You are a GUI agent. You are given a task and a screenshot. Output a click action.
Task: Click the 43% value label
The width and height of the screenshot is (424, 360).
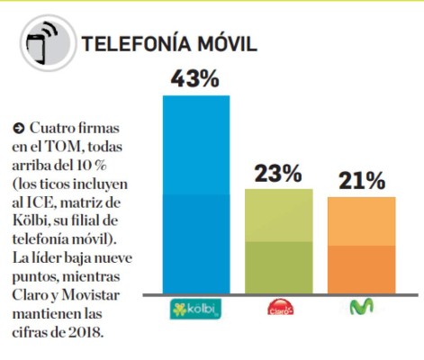pyautogui.click(x=195, y=79)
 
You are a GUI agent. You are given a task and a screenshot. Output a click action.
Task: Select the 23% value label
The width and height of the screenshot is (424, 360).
pyautogui.click(x=278, y=173)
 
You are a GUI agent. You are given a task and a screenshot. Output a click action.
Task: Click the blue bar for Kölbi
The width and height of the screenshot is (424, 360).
pyautogui.click(x=195, y=193)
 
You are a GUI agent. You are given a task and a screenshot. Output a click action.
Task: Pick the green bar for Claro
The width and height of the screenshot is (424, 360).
pyautogui.click(x=278, y=240)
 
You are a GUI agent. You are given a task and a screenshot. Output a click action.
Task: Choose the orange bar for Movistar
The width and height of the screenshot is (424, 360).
pyautogui.click(x=361, y=244)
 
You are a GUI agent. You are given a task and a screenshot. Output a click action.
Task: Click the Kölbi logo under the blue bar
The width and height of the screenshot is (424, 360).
pyautogui.click(x=195, y=309)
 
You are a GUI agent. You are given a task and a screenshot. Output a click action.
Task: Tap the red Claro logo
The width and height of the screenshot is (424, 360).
pyautogui.click(x=278, y=309)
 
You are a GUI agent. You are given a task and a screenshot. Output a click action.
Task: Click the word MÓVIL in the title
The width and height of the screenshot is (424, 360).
pyautogui.click(x=226, y=44)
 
